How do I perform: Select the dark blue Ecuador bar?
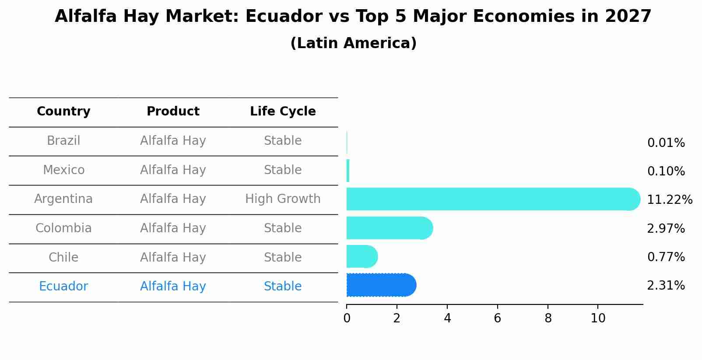point(381,285)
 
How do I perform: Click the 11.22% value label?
point(669,200)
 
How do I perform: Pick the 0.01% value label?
point(666,143)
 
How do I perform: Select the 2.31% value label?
point(666,286)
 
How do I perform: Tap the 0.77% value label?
point(666,257)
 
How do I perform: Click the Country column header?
point(63,112)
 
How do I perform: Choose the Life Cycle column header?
point(283,112)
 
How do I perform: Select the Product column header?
point(173,112)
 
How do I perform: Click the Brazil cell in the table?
point(63,141)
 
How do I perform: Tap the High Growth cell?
point(283,199)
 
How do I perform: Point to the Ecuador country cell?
point(63,287)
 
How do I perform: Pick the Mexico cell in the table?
point(63,170)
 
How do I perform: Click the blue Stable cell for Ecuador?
point(283,287)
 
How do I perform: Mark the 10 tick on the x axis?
point(598,318)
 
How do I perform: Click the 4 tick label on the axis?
point(447,318)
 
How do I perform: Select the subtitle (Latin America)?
point(353,43)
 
